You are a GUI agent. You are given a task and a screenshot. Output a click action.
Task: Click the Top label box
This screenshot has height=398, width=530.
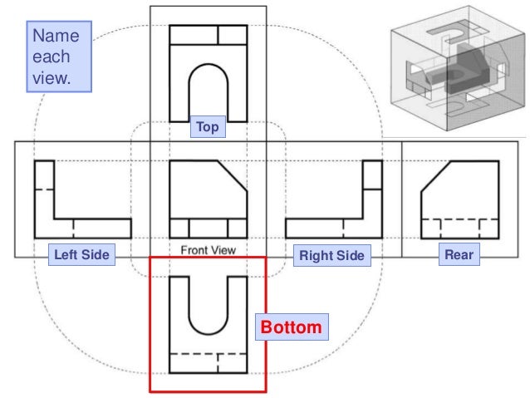point(208,128)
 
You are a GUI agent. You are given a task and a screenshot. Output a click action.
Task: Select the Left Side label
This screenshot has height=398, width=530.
point(81,255)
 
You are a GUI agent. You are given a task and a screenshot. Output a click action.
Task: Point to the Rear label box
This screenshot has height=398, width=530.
point(459,255)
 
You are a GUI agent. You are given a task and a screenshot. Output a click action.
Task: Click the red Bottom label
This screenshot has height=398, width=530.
point(290,327)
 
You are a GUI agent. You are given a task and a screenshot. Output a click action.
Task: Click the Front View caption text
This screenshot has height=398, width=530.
point(208,249)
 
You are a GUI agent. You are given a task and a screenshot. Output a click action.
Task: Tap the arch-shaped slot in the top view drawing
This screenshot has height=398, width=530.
point(208,91)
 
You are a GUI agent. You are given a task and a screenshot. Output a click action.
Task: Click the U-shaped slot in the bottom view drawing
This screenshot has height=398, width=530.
point(208,303)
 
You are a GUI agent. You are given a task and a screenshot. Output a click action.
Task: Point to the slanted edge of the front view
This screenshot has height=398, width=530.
point(233,175)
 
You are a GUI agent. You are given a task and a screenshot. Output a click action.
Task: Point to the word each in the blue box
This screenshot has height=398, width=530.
point(49,58)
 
